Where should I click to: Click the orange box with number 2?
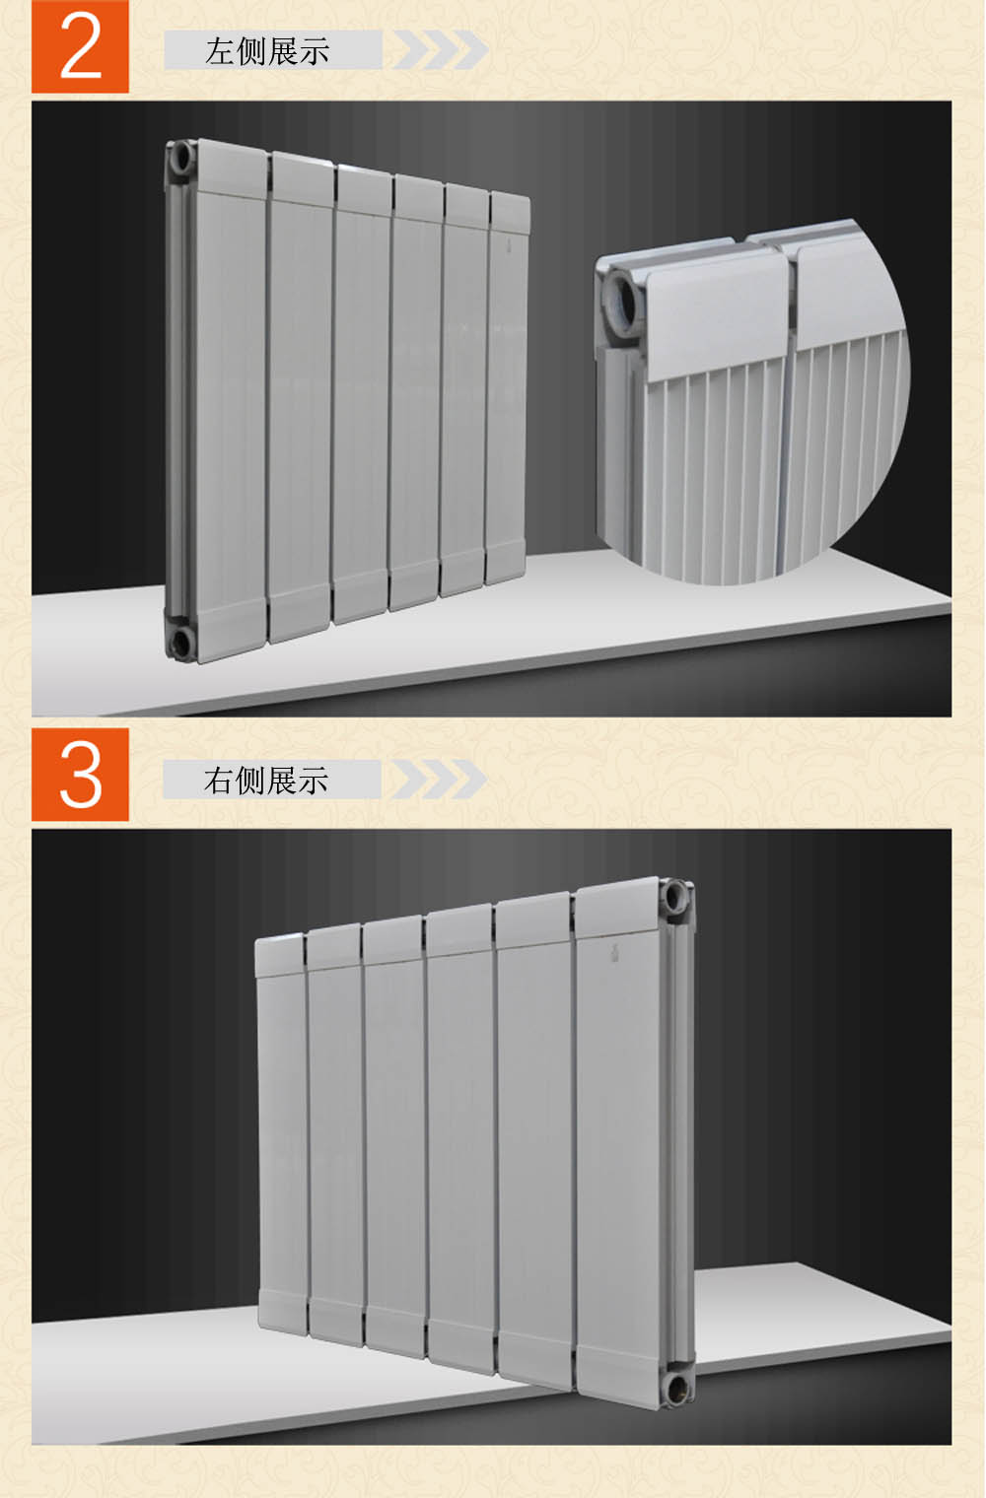(80, 46)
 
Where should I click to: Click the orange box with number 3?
(80, 775)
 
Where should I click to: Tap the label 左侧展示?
(267, 51)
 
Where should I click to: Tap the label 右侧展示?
(266, 781)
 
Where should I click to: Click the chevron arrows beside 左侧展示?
(440, 49)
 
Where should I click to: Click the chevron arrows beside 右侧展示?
(439, 780)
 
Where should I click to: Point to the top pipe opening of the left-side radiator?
(181, 160)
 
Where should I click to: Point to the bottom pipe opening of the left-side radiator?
(181, 643)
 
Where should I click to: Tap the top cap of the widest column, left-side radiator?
(232, 169)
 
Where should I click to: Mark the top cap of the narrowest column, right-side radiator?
(280, 956)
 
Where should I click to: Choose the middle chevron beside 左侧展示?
(440, 49)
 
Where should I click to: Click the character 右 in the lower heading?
(219, 781)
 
